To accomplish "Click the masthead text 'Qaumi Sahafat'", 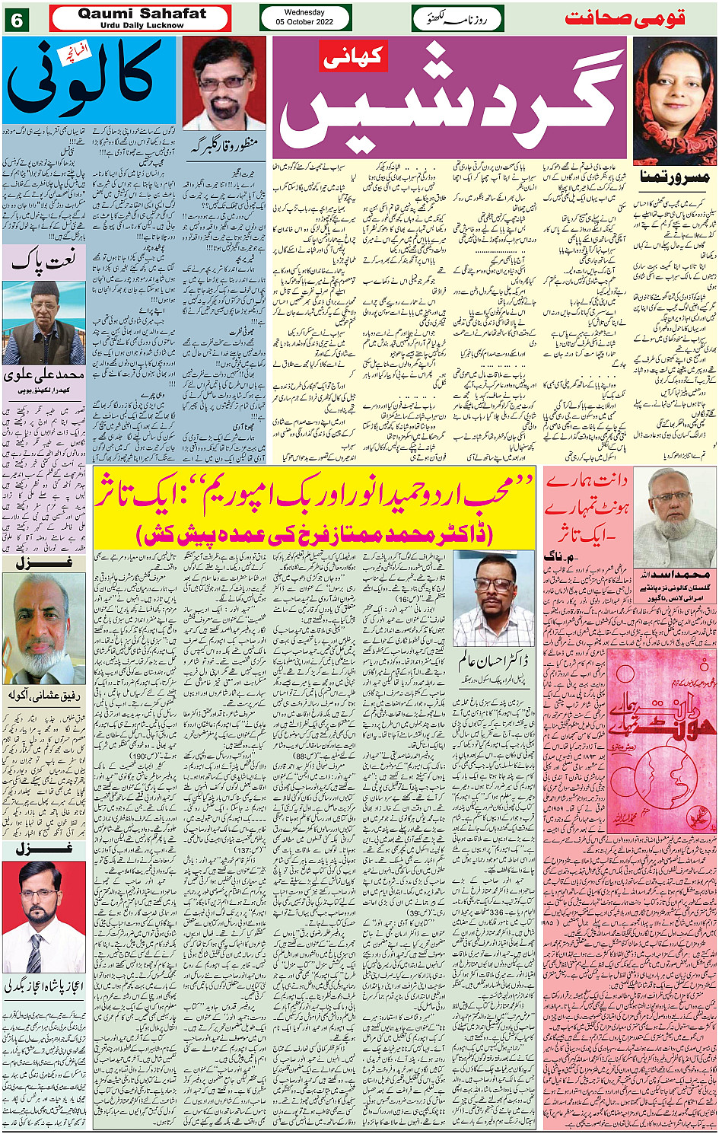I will [x=142, y=14].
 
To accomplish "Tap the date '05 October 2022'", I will [x=304, y=23].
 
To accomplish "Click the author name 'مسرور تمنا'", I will [x=674, y=177].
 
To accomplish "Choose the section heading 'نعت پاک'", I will [x=43, y=263].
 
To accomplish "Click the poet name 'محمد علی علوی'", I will [x=43, y=375].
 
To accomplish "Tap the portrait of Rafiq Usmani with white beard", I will [x=43, y=629].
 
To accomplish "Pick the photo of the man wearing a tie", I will [x=43, y=916].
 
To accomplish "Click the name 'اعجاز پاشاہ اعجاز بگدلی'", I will [x=43, y=986].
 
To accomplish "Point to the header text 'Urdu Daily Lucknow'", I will [x=142, y=25].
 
